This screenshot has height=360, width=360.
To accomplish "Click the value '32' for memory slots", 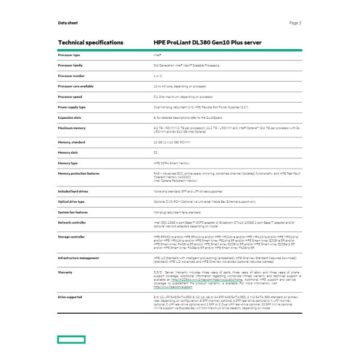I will pos(155,152).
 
